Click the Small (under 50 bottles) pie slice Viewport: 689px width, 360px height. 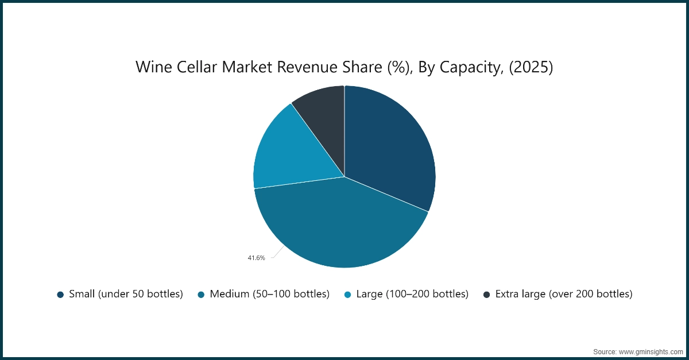[390, 149]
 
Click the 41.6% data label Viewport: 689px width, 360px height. [256, 258]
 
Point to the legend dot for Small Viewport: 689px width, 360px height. [60, 295]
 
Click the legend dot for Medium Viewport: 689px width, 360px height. [201, 295]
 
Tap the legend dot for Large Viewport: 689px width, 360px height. [347, 295]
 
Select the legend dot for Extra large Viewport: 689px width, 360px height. [487, 295]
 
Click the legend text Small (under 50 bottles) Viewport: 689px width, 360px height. [126, 294]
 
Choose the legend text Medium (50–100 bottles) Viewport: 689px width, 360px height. [269, 294]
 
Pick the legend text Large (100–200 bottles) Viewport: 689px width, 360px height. [412, 294]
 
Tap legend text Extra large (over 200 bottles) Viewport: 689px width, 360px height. [563, 294]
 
